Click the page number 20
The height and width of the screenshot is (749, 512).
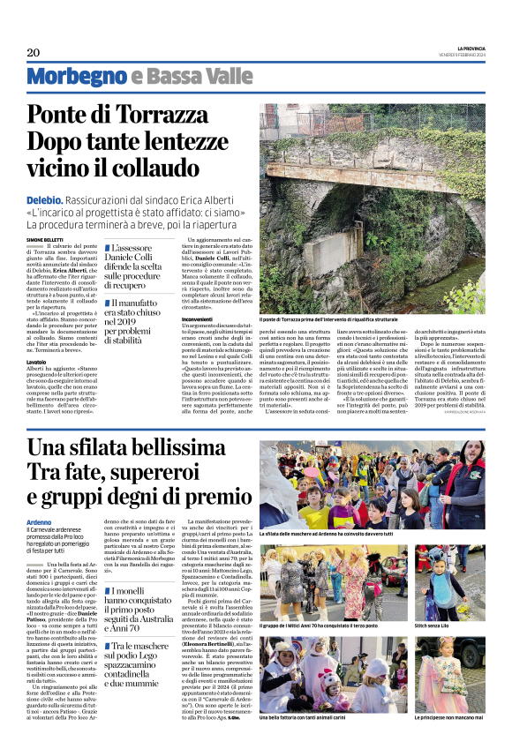pos(33,52)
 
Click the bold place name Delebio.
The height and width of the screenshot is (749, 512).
pos(43,201)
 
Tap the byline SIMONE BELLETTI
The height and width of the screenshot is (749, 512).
pos(46,240)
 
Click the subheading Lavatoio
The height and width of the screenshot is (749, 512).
pos(36,362)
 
